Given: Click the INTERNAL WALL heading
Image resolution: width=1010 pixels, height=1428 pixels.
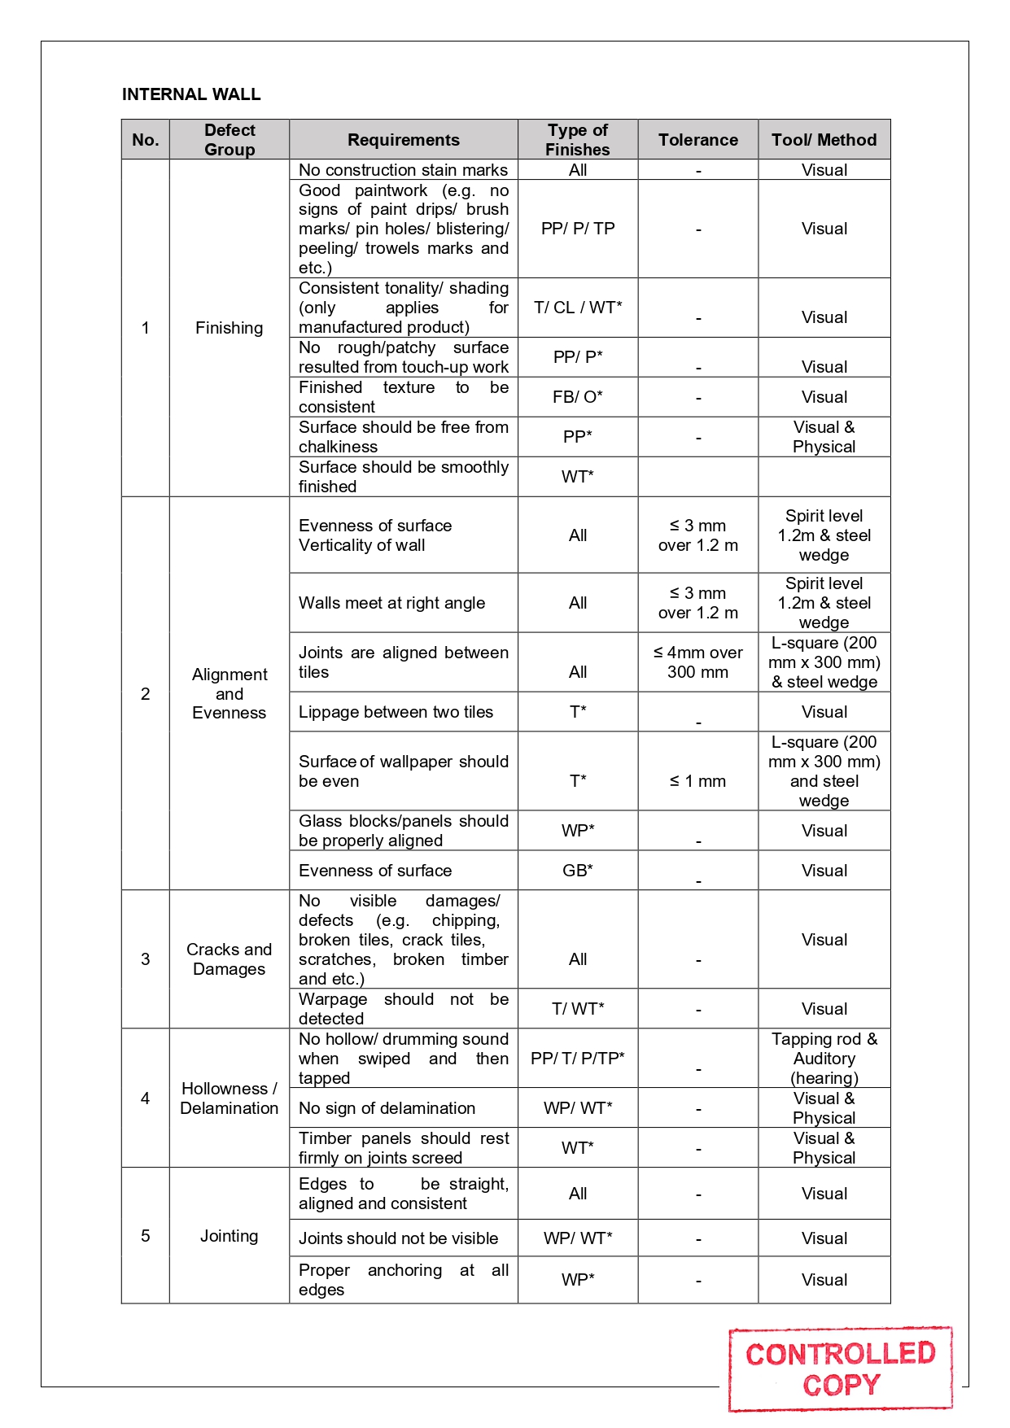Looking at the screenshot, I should point(191,94).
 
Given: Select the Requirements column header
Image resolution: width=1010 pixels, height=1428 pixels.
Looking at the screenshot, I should point(403,140).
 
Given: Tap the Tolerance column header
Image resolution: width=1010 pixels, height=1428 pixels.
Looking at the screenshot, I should point(697,140).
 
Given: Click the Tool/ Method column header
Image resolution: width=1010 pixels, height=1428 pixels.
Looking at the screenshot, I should point(824,140).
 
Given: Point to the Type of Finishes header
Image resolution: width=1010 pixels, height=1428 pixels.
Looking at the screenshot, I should point(577,140).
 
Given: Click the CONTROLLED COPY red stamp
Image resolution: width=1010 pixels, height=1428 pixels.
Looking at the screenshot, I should point(840,1369).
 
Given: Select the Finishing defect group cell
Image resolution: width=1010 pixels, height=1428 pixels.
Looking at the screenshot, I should point(229,328).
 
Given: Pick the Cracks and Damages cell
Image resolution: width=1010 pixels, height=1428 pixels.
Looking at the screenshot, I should point(229,959).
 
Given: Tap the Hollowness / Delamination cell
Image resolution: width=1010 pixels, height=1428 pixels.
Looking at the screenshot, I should point(229,1098).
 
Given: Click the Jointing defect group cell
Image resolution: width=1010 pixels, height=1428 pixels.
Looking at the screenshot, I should point(229,1236).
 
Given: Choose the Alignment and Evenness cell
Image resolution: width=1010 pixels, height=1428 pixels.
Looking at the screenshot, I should point(229,693).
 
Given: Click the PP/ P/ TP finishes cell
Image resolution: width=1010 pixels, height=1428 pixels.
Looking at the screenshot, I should point(577,229).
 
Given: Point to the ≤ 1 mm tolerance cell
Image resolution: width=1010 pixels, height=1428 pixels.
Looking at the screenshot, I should point(697,781).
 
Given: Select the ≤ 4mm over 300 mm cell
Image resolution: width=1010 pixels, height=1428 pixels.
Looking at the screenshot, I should point(697,662).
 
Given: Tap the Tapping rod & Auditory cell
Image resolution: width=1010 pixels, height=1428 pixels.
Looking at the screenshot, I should point(824,1059).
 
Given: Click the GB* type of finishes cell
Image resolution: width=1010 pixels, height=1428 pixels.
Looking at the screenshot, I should point(577,871).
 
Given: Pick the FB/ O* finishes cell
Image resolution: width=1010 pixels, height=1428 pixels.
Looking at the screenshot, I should point(577,397).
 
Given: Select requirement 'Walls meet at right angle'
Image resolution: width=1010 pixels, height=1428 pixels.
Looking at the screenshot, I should point(391,603).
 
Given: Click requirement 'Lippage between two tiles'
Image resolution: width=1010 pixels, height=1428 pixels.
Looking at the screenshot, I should point(396,712).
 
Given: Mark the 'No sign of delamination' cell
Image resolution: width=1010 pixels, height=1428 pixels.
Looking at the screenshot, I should point(387,1108).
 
